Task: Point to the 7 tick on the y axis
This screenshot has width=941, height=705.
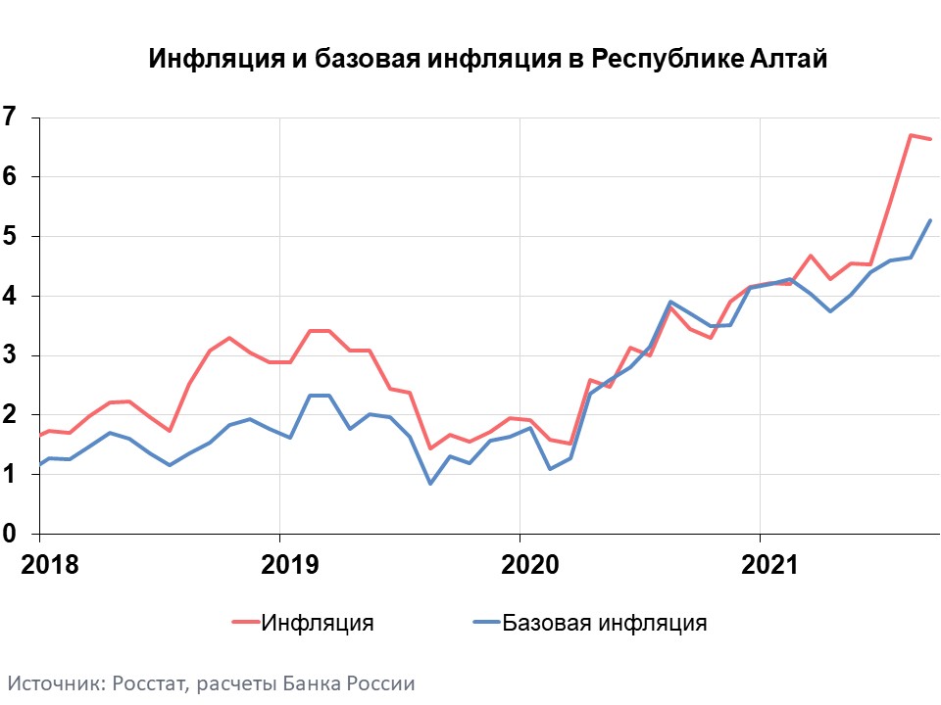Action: point(11,117)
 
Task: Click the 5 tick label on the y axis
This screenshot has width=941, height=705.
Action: point(11,237)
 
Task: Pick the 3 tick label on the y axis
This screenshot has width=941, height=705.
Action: point(11,355)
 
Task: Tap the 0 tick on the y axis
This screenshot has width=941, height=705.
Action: point(11,534)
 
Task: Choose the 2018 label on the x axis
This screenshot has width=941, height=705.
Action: point(40,565)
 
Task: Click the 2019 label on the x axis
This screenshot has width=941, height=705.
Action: point(279,565)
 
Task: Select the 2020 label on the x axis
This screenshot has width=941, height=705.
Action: point(520,565)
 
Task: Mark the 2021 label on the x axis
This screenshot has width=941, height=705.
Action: point(760,565)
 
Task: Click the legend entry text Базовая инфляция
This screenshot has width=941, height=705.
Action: point(605,623)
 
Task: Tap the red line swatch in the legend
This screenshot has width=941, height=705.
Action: point(245,623)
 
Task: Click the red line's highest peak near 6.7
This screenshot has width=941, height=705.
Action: point(911,135)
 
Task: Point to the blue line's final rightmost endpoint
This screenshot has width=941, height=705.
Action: point(930,220)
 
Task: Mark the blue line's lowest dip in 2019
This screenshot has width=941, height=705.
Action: point(429,484)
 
